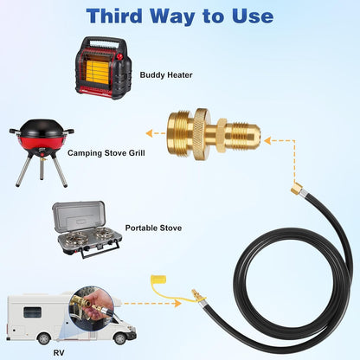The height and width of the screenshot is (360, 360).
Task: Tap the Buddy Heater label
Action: click(x=166, y=75)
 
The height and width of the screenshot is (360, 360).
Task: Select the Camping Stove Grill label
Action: click(x=106, y=153)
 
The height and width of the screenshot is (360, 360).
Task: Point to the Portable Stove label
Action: click(x=153, y=228)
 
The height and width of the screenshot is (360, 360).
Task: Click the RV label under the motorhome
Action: click(x=59, y=352)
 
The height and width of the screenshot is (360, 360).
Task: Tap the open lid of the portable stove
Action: click(x=78, y=217)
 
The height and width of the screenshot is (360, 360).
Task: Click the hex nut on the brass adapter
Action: click(x=222, y=135)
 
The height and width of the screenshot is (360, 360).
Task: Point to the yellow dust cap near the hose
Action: click(x=159, y=280)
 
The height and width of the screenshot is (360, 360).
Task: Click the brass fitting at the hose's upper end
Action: click(x=296, y=189)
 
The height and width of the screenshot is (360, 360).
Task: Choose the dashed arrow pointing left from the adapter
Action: click(x=156, y=133)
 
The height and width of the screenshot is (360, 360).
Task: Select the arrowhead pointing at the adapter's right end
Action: click(x=268, y=141)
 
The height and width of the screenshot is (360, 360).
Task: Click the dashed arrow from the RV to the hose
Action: click(x=152, y=303)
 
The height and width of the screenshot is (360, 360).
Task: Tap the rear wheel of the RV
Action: click(x=44, y=338)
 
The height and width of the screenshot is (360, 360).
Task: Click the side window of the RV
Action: click(x=32, y=312)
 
